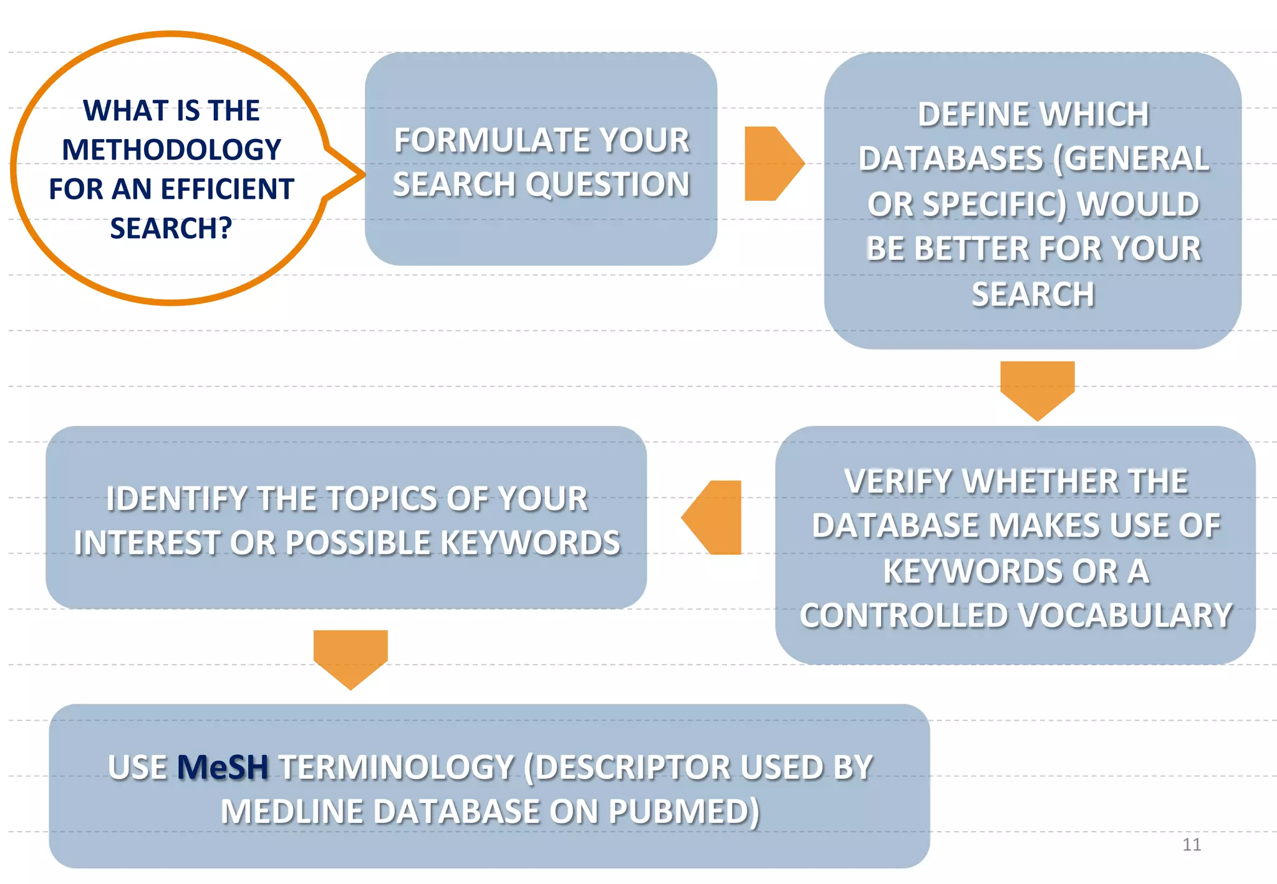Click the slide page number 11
pos(1191,845)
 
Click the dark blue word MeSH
pos(223,767)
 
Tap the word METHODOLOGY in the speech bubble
pos(171,150)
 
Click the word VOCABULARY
pos(1125,616)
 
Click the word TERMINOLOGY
pos(396,767)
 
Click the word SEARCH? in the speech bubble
pos(171,228)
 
